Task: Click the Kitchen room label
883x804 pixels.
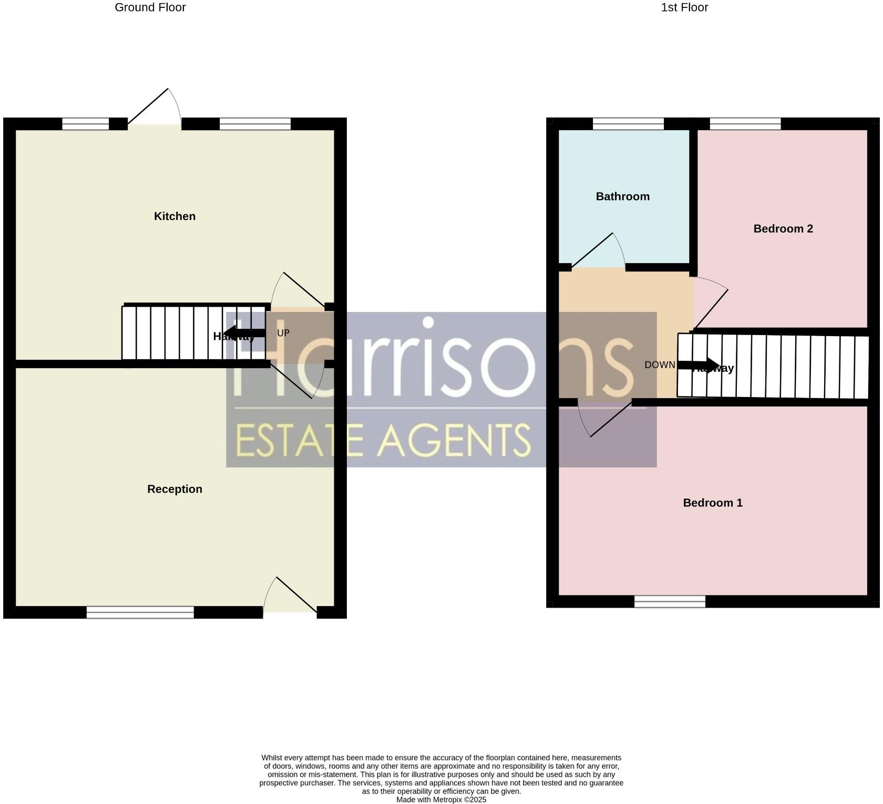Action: click(x=174, y=216)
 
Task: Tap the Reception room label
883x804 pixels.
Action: click(x=174, y=489)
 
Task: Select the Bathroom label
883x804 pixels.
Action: click(x=622, y=196)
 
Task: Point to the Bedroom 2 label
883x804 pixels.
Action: click(x=783, y=229)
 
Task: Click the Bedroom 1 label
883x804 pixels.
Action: click(x=712, y=503)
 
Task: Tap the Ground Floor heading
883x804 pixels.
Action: click(x=150, y=7)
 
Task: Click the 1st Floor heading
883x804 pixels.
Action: click(x=684, y=7)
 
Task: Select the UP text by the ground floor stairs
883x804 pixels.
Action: click(x=283, y=333)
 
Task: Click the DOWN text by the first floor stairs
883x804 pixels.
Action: click(x=660, y=365)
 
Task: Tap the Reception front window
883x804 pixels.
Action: click(x=140, y=612)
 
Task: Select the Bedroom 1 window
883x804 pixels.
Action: click(x=670, y=601)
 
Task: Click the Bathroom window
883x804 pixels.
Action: click(x=628, y=124)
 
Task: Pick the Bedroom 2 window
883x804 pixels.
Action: click(x=745, y=124)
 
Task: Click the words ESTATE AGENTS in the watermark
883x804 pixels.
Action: click(x=383, y=440)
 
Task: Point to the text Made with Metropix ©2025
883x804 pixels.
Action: click(x=441, y=800)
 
